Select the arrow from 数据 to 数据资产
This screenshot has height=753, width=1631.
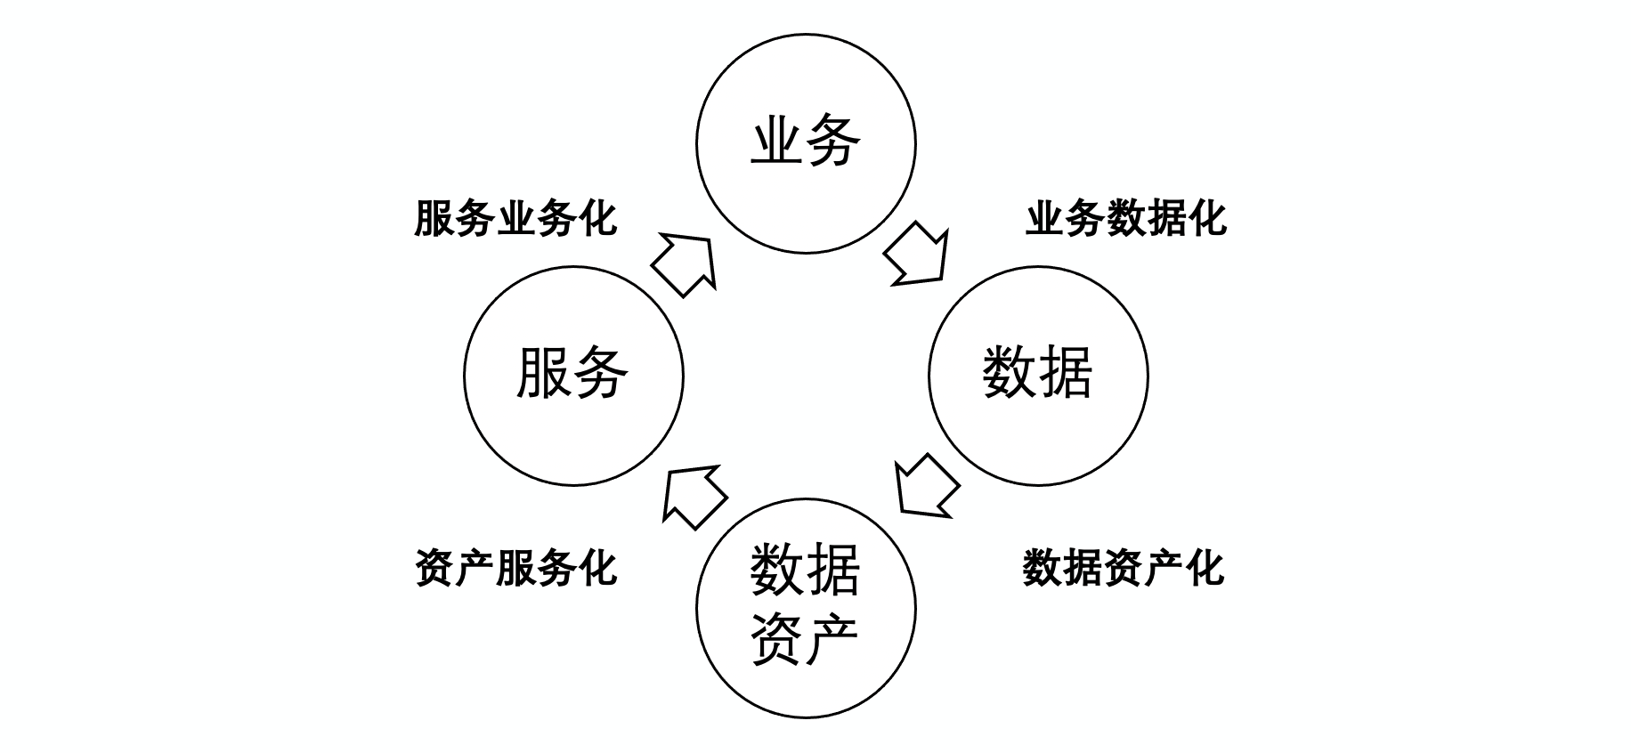tap(925, 488)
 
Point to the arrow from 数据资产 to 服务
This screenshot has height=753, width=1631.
tap(694, 497)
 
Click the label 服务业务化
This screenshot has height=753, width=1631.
tap(515, 219)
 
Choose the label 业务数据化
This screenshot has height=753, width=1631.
tap(1126, 219)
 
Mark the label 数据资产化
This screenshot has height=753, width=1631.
tap(1124, 568)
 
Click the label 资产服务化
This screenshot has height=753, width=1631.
tap(515, 568)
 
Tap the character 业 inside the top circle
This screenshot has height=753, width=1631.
tap(778, 141)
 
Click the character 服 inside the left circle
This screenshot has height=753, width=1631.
tap(545, 372)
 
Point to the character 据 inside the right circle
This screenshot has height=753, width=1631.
tap(1066, 372)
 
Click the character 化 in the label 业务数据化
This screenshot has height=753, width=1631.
tap(1207, 219)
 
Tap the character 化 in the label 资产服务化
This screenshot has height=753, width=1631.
tap(596, 568)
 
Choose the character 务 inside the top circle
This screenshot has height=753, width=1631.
tap(833, 141)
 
